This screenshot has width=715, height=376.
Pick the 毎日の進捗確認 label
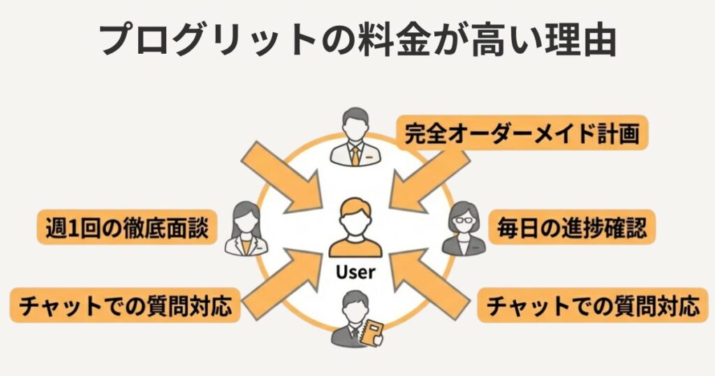[x=572, y=227]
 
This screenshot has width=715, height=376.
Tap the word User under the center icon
[x=355, y=272]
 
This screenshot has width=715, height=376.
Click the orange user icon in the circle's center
[x=355, y=227]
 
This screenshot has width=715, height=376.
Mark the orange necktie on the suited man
[x=355, y=154]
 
